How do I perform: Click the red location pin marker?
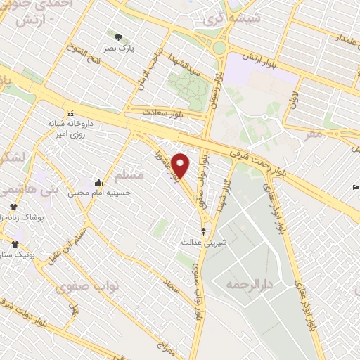pyautogui.click(x=181, y=165)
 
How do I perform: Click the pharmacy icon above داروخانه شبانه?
pyautogui.click(x=70, y=112)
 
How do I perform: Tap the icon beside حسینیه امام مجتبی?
pyautogui.click(x=98, y=183)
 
